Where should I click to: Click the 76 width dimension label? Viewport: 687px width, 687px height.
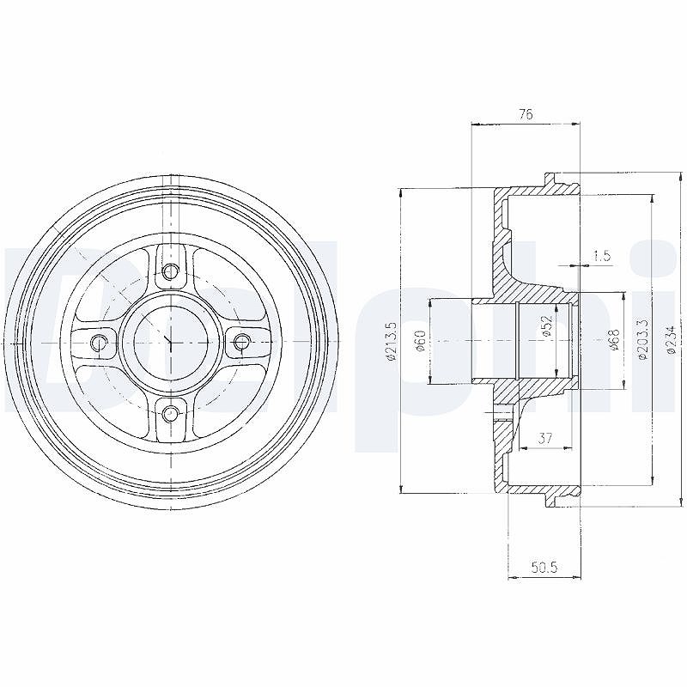click(x=526, y=115)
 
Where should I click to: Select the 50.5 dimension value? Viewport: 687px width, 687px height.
click(x=544, y=568)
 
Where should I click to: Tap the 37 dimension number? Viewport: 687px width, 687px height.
click(x=545, y=438)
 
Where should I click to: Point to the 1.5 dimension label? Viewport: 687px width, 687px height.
click(x=602, y=255)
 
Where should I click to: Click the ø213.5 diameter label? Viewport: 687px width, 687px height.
click(x=392, y=341)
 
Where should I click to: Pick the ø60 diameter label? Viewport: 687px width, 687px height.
click(x=420, y=340)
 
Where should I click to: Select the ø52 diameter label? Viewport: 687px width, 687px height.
click(x=547, y=326)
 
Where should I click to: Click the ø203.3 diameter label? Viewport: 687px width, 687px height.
click(x=643, y=339)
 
